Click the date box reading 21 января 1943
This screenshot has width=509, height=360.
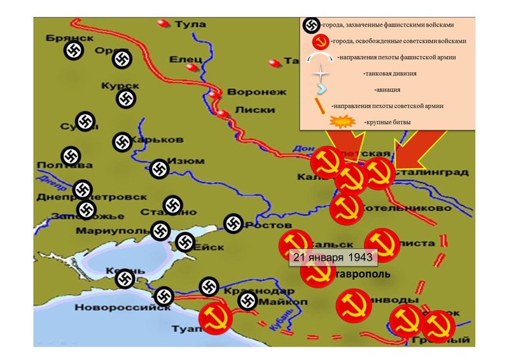click(x=333, y=256)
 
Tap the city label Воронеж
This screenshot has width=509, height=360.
click(x=249, y=92)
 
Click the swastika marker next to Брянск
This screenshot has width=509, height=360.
click(x=74, y=51)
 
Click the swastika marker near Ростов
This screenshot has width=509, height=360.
click(x=234, y=223)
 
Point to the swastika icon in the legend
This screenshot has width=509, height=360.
click(x=311, y=25)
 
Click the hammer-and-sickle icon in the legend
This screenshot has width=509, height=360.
click(x=320, y=41)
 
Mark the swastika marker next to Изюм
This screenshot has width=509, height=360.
click(x=159, y=169)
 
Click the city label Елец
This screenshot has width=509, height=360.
click(x=185, y=60)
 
